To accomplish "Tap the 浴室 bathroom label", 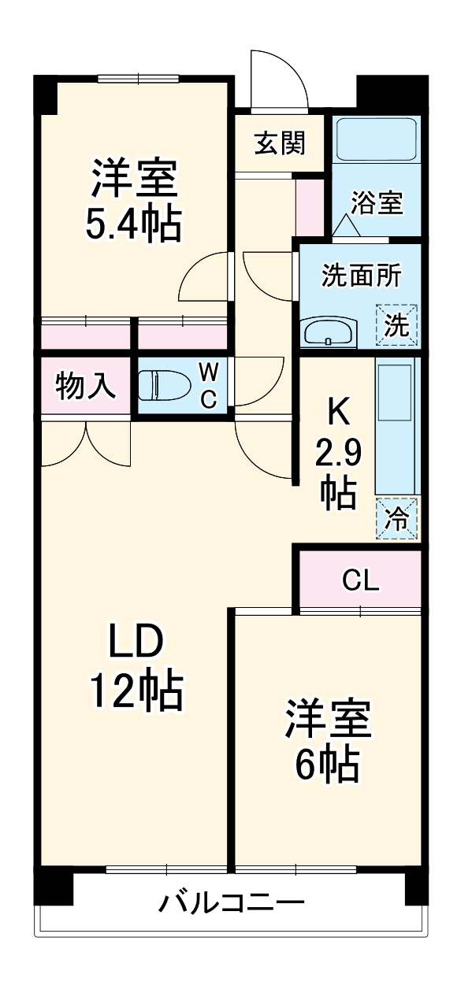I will [377, 203].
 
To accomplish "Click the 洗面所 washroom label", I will [361, 276].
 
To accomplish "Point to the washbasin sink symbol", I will [329, 332].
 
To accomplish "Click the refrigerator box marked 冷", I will [397, 518].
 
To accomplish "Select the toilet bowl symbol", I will [163, 386].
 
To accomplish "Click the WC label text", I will [207, 386].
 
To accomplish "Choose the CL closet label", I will [361, 580].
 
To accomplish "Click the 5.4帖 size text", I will [133, 225].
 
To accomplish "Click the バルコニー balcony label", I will [232, 902].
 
